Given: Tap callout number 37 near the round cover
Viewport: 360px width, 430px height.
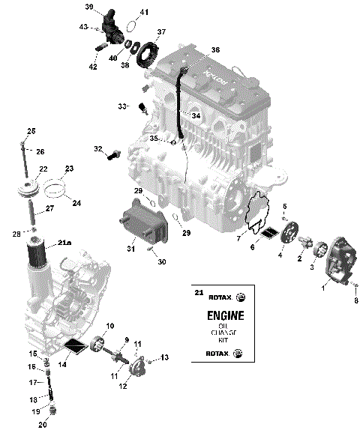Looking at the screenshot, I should click(160, 32).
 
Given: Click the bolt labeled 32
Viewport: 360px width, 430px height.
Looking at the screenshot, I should click(114, 155).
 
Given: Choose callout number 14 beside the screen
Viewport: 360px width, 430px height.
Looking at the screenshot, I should click(63, 364).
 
